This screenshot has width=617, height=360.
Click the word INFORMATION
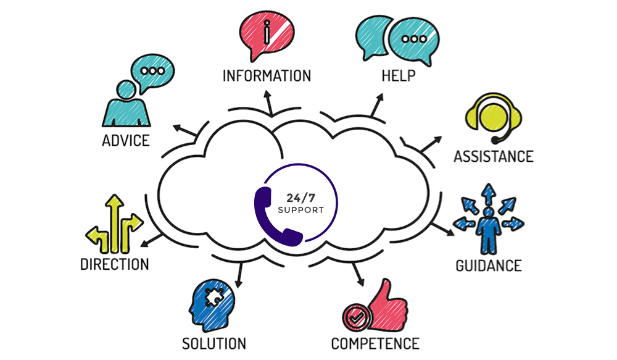(x=267, y=76)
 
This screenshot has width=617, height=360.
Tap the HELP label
(x=398, y=76)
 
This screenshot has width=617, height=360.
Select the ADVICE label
(x=125, y=140)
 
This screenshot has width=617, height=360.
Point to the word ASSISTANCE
(x=493, y=156)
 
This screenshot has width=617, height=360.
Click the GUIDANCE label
(x=488, y=266)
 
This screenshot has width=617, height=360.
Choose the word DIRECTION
(x=114, y=264)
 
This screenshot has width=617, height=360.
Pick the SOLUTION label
(x=214, y=343)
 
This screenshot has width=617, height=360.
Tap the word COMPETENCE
(x=375, y=343)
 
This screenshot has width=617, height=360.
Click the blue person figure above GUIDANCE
(x=488, y=230)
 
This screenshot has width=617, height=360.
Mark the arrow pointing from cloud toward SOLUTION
(x=238, y=275)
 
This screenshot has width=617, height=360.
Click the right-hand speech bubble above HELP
(x=409, y=38)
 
